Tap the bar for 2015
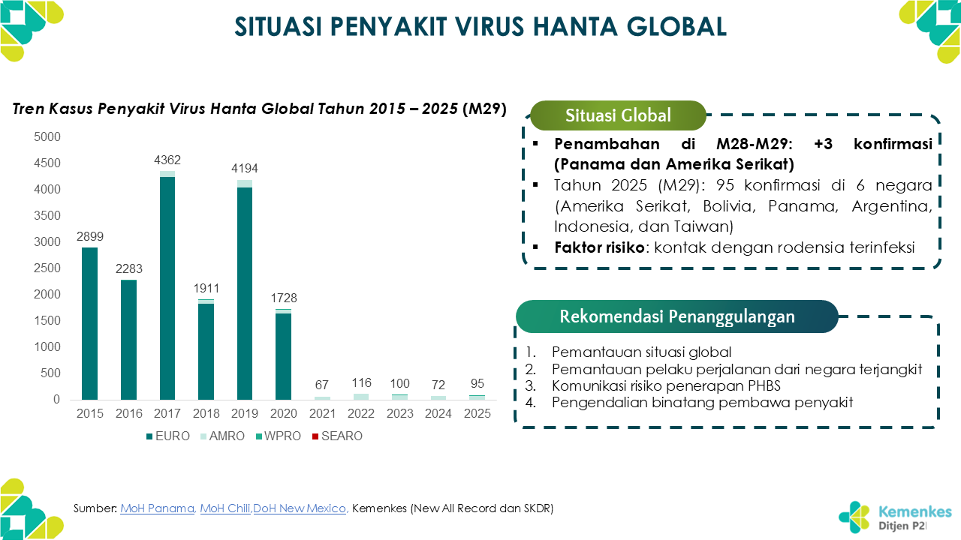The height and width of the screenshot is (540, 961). click(x=90, y=323)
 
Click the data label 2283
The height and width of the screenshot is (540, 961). click(x=128, y=268)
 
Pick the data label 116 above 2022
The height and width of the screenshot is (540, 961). click(x=360, y=383)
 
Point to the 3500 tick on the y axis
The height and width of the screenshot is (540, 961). click(x=47, y=216)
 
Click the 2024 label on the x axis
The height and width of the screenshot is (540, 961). click(x=438, y=413)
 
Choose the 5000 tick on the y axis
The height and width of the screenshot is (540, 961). click(x=47, y=137)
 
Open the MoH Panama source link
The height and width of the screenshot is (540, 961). click(x=157, y=508)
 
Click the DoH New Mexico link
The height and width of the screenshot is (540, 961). click(x=300, y=508)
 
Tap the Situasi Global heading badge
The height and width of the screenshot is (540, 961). click(x=618, y=115)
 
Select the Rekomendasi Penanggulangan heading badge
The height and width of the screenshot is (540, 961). click(x=676, y=316)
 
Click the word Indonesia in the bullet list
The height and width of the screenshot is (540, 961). click(x=586, y=226)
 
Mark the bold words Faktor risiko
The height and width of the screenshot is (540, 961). click(x=599, y=247)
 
